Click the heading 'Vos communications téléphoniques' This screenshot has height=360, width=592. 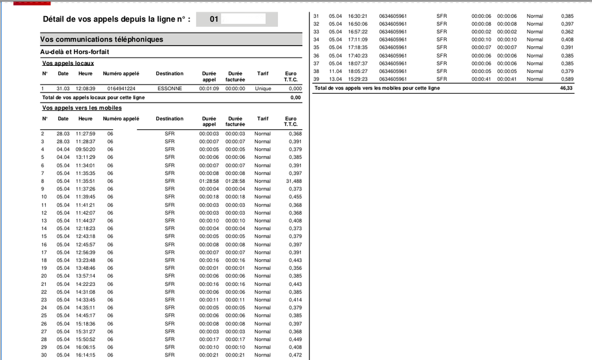coord(101,40)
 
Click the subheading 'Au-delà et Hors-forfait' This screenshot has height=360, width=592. coord(74,52)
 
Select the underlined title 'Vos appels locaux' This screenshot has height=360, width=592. coord(69,63)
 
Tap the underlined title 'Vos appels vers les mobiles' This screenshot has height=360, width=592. coord(82,108)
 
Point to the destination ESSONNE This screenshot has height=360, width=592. coord(169,88)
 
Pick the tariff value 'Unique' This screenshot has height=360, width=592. coord(263,88)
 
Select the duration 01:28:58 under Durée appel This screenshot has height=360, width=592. coord(209,181)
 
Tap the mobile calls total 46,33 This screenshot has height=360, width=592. coord(567,88)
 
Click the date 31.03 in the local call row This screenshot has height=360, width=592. coord(63,88)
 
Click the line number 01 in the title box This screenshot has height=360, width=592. coord(215,20)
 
